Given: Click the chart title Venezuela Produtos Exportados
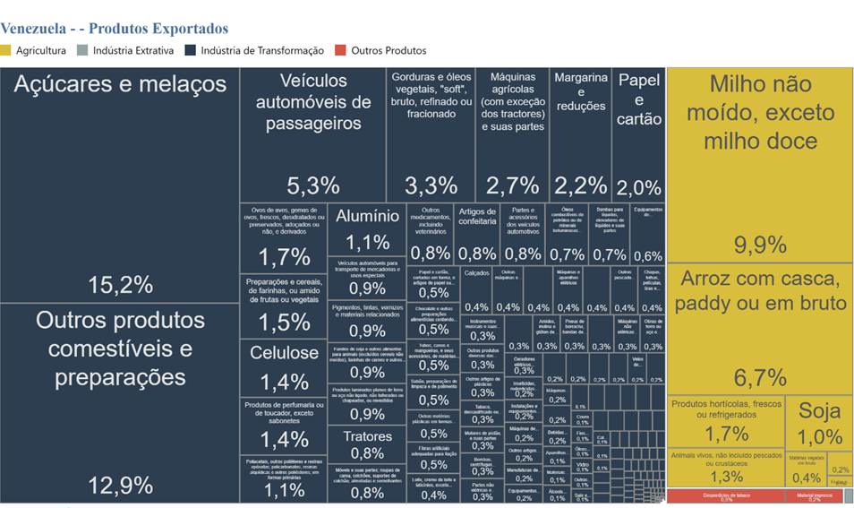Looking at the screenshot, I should pos(115,30).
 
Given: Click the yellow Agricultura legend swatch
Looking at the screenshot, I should pos(6,51).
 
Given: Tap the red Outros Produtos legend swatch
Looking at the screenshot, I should pos(339,51).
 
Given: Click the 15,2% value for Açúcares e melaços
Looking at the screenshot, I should pos(120,285).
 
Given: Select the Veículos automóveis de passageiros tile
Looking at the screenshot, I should pos(312,134).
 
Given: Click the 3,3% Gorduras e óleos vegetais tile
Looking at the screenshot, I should pos(431,134).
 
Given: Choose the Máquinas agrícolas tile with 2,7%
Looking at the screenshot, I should pos(512,134).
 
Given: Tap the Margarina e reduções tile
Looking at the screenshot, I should pos(580,134).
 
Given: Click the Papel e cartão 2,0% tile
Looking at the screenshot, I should pos(639,134).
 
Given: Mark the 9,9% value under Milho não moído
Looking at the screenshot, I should pos(760,245).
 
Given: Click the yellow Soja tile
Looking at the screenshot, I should pos(819,422).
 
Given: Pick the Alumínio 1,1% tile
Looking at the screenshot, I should pos(367,229).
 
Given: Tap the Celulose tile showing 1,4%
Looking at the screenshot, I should pos(284,367).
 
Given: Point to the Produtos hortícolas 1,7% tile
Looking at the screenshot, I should pos(726,420).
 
